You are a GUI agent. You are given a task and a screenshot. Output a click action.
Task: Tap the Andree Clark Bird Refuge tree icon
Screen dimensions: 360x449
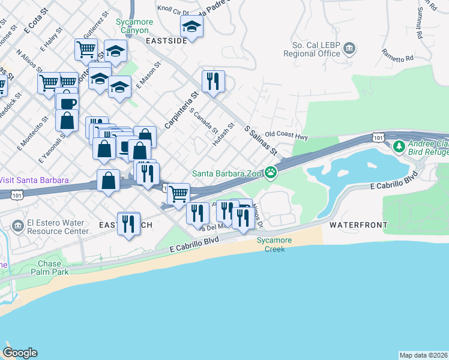coord(399,146)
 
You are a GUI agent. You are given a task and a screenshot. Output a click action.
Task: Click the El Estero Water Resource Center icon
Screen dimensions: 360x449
coord(17,226)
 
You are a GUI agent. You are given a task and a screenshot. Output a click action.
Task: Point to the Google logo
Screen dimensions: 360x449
coord(20,353)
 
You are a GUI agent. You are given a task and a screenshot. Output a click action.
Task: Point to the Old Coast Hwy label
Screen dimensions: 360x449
coord(286,136)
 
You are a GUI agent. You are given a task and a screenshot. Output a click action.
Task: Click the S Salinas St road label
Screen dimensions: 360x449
coord(260,140)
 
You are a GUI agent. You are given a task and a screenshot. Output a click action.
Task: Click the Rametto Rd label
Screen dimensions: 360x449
coord(401,59)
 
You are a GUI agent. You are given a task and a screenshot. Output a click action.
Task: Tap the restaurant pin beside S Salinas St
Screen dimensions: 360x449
coord(212,81)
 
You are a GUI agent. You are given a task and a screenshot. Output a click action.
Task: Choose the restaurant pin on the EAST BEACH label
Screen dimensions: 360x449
coord(128,224)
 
